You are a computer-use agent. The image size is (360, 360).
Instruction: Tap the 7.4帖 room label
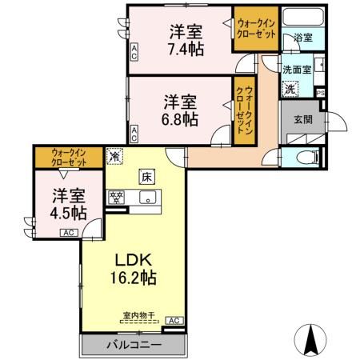point(186,40)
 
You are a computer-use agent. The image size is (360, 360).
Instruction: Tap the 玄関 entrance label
point(302,121)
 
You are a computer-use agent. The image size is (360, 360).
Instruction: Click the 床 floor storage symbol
point(147,176)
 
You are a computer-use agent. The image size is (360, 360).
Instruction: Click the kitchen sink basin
point(147,199)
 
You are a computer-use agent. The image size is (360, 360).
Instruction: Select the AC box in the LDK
point(175,321)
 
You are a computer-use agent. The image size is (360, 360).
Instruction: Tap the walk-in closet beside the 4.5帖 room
point(68,157)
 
